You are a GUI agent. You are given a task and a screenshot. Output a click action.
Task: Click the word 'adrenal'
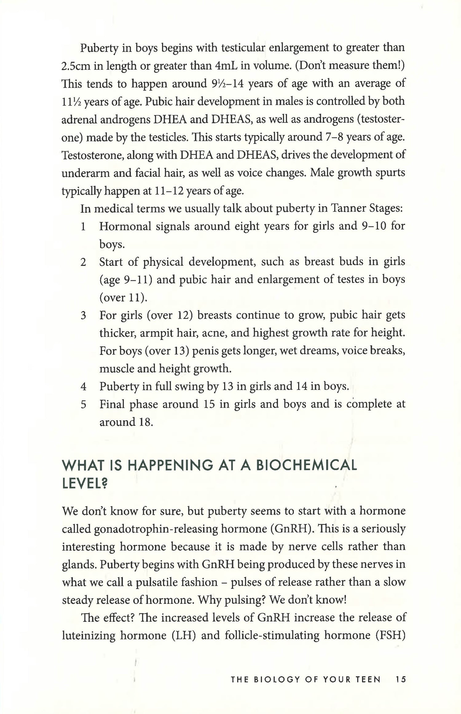click(x=79, y=119)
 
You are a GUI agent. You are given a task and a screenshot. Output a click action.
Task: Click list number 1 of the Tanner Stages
click(x=83, y=227)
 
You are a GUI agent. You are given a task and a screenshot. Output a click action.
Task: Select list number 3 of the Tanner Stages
click(x=83, y=316)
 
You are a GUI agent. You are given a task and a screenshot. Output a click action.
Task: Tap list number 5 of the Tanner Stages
click(x=83, y=405)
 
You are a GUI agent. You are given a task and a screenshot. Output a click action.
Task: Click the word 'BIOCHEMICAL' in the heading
click(x=306, y=465)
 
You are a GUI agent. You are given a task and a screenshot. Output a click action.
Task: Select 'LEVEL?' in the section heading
click(x=85, y=484)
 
